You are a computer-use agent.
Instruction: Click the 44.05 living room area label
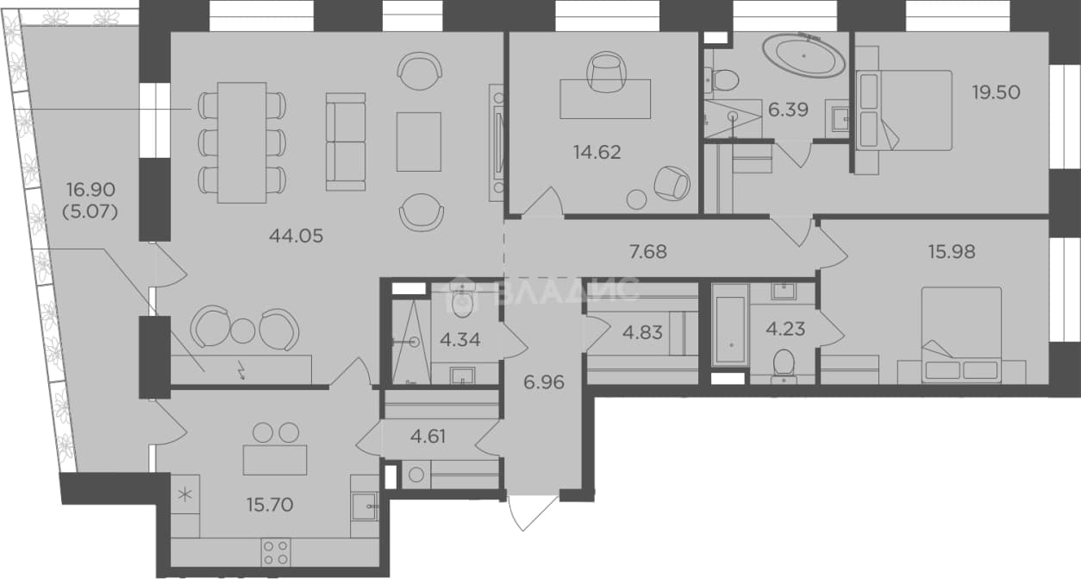[296, 236]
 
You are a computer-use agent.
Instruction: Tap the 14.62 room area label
[597, 153]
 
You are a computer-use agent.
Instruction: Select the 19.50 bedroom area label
[996, 92]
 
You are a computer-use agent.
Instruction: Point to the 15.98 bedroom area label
[952, 252]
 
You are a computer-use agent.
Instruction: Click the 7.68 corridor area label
[648, 252]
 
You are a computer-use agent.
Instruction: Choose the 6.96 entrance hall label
[543, 382]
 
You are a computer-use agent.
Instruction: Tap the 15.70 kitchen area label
[270, 505]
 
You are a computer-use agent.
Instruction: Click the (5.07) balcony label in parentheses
[91, 212]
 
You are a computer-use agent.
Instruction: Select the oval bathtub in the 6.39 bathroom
[803, 56]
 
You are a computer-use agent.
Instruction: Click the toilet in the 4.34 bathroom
[462, 301]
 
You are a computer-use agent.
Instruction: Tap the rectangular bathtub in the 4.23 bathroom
[732, 324]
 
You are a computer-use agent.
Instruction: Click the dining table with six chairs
[241, 142]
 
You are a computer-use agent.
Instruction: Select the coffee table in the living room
[418, 142]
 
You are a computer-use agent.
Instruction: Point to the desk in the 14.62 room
[605, 99]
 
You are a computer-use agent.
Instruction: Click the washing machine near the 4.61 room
[416, 475]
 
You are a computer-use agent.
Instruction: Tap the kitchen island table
[275, 460]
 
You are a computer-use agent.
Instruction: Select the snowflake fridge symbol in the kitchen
[186, 495]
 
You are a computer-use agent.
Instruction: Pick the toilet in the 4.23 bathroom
[784, 365]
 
